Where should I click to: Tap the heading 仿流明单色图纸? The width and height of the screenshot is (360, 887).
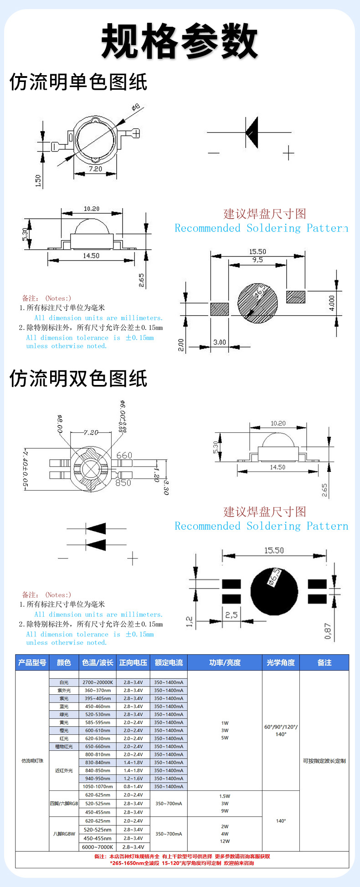(x=78, y=82)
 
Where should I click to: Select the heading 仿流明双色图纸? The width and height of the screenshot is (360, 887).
(x=78, y=379)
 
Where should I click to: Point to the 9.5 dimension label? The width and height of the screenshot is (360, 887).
(x=257, y=260)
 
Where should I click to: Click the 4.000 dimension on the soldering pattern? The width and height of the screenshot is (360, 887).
(x=332, y=303)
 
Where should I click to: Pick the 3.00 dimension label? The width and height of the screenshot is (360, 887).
(x=220, y=342)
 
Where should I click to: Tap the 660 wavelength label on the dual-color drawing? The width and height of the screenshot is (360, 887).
(x=124, y=455)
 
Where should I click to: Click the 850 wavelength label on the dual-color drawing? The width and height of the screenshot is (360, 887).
(x=123, y=482)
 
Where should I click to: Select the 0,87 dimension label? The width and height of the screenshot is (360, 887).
(x=328, y=631)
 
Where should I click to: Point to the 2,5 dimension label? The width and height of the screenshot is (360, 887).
(x=231, y=615)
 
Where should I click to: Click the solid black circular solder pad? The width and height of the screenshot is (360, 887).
(x=274, y=591)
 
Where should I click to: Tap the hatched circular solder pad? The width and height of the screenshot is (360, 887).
(x=257, y=303)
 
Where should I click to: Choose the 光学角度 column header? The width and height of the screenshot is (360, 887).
(x=281, y=662)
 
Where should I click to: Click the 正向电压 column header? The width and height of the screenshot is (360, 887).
(x=133, y=662)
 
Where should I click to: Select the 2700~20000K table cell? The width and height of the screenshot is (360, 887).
(x=98, y=682)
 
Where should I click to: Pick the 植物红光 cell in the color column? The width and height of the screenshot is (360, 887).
(x=64, y=747)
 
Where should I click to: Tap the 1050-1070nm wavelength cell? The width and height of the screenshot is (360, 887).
(x=98, y=787)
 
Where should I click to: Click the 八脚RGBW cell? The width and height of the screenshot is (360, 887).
(x=64, y=834)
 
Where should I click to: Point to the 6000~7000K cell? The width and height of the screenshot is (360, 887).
(x=98, y=847)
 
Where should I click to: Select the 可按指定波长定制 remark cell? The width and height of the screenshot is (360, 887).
(x=324, y=761)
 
